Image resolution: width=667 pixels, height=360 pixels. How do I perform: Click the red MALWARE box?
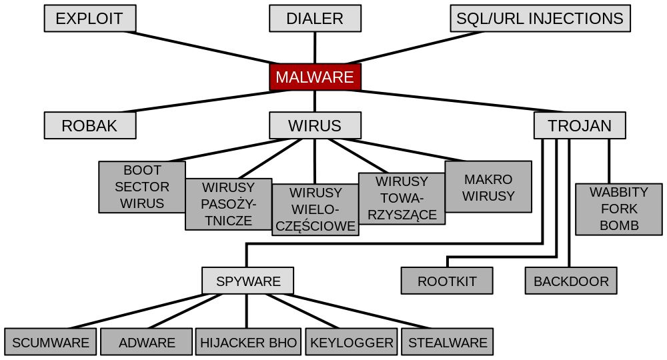pos(315,77)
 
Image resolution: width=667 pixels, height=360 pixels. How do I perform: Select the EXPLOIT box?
pos(90,19)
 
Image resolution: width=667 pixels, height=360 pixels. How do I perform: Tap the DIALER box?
pos(315,19)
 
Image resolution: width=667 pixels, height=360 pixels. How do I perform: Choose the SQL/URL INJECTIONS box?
pos(540,19)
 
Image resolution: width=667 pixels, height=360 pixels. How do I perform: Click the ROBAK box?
pos(90,125)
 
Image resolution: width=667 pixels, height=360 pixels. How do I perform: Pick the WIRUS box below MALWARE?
pos(315,125)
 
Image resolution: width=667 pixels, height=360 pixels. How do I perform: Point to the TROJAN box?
pos(580,125)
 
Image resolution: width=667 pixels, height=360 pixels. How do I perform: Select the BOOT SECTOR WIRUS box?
pos(142,187)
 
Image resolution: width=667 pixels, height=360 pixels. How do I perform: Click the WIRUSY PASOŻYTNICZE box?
pos(228,204)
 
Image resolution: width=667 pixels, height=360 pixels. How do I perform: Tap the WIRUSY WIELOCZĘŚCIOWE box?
pos(315,209)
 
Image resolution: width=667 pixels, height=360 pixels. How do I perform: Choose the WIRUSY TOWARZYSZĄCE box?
pos(402,198)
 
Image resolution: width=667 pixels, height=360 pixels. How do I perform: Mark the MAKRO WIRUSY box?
pos(488,187)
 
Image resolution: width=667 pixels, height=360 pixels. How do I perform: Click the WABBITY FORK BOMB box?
pos(618,209)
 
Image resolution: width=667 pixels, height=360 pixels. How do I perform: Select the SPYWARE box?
pos(248,281)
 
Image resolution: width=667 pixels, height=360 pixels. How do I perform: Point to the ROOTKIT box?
pos(447,281)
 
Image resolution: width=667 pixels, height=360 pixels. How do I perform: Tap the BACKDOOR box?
pos(571,281)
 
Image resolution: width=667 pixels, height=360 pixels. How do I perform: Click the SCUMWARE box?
pos(51,342)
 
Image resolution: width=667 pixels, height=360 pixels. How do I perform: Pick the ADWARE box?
pos(147,342)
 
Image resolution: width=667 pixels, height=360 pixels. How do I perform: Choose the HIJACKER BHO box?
pos(248,342)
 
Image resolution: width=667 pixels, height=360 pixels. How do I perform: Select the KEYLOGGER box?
pos(352,342)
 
